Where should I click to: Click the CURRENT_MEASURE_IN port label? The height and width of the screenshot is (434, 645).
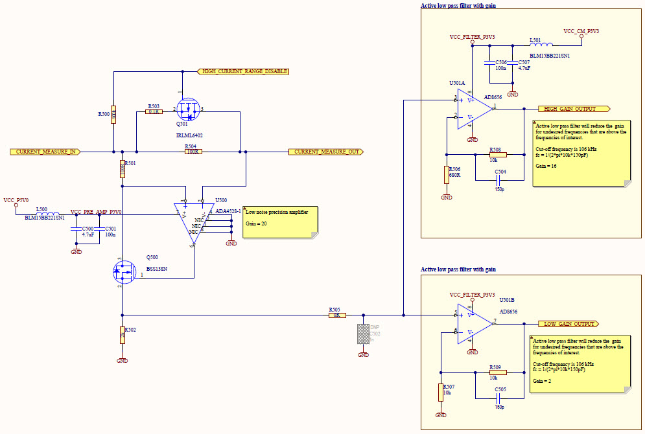coord(46,152)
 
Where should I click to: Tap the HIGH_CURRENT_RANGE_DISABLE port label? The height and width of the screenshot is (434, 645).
coord(242,71)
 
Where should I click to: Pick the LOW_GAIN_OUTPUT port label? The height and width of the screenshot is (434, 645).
coord(569,324)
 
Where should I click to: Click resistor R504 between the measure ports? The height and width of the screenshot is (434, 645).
coord(193,152)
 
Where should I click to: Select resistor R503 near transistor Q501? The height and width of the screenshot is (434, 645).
coord(154,112)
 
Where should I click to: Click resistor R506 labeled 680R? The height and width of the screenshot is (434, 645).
coord(446,175)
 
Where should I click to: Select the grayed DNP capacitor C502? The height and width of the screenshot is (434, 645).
coord(363,334)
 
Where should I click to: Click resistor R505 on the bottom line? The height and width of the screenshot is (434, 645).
coord(336,315)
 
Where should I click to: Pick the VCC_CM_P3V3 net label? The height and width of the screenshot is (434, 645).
coord(581,31)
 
